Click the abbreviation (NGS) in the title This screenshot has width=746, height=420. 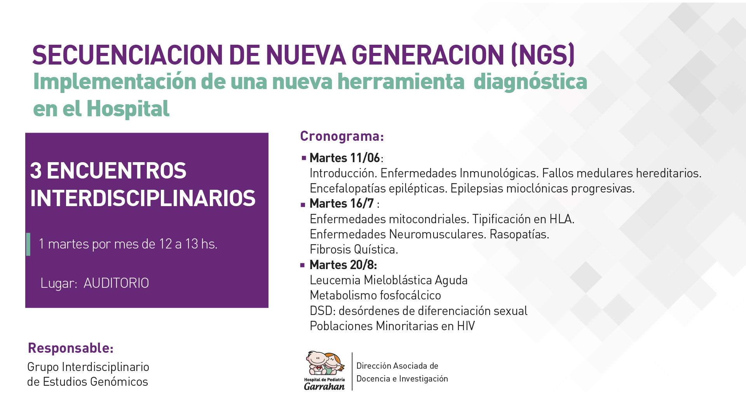pyautogui.click(x=543, y=55)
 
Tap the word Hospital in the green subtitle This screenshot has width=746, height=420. pyautogui.click(x=128, y=108)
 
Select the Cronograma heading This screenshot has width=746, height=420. pyautogui.click(x=342, y=136)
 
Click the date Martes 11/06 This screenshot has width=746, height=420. pyautogui.click(x=345, y=158)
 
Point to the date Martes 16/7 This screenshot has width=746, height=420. pyautogui.click(x=342, y=203)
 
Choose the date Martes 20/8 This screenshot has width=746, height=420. pyautogui.click(x=343, y=265)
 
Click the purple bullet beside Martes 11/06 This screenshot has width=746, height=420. pyautogui.click(x=304, y=158)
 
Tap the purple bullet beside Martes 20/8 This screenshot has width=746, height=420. pyautogui.click(x=303, y=265)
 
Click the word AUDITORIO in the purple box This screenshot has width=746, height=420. pyautogui.click(x=116, y=283)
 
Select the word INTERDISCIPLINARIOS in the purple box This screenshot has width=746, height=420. pyautogui.click(x=143, y=198)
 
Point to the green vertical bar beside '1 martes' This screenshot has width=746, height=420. pyautogui.click(x=28, y=244)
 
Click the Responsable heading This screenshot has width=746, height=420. pyautogui.click(x=71, y=348)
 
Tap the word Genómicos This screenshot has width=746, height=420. pyautogui.click(x=119, y=382)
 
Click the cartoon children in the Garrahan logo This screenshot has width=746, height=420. pyautogui.click(x=325, y=363)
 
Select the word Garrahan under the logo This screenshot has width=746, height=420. pyautogui.click(x=324, y=386)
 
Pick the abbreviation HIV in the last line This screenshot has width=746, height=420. pyautogui.click(x=466, y=326)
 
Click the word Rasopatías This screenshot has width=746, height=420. pyautogui.click(x=519, y=234)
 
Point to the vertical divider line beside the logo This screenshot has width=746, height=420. pyautogui.click(x=352, y=371)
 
